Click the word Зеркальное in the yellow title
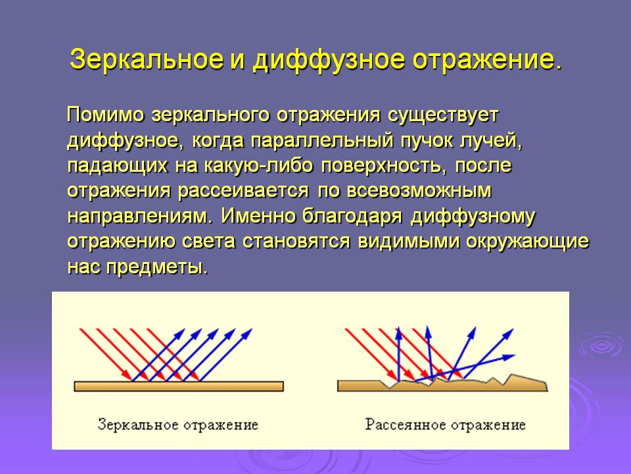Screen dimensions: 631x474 pos(147,60)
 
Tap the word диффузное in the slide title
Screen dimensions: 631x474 pos(328,61)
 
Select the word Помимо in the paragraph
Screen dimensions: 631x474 pos(105,115)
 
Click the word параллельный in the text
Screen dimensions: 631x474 pos(321,141)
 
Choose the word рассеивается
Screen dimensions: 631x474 pos(243,191)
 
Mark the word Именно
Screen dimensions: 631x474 pos(258,216)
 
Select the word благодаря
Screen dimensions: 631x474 pos(352,217)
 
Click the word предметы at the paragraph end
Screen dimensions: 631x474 pos(157,268)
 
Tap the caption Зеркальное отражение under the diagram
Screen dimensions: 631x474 pos(178,425)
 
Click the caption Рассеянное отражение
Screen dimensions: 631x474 pos(446,425)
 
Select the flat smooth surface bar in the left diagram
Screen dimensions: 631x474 pos(179,386)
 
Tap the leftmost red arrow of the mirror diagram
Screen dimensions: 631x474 pos(106,355)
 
